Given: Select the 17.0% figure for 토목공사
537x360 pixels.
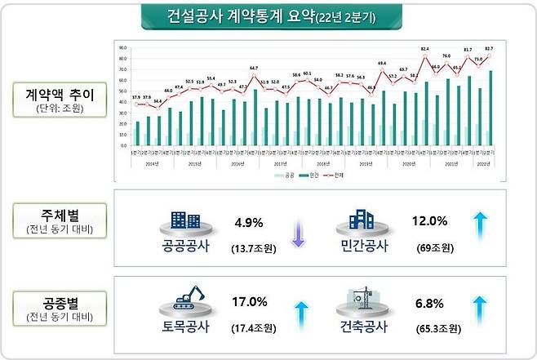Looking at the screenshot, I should (251, 302).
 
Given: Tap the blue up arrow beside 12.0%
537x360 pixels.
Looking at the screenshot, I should (482, 226).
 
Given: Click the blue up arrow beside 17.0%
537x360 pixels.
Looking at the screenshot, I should (299, 313).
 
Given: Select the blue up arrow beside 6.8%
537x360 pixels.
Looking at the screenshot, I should (482, 313).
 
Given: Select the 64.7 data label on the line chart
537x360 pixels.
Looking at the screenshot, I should (254, 68).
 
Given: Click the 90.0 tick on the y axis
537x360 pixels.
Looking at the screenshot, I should (121, 47).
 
